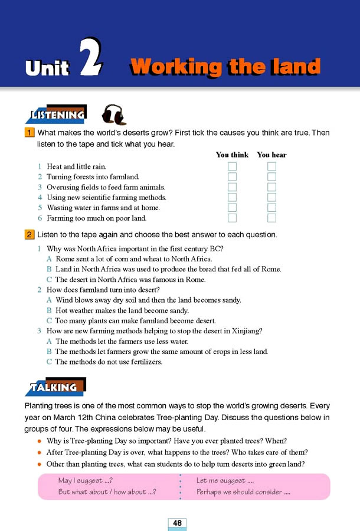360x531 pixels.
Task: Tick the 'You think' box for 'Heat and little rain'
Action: (232, 166)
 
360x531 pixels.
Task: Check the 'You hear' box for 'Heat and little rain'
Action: (271, 166)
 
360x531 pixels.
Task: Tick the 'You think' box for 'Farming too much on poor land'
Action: (232, 218)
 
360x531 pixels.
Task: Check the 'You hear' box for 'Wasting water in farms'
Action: (271, 208)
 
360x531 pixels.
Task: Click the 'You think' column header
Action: (232, 155)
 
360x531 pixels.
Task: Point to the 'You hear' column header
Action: (271, 155)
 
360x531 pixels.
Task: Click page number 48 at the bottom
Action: (177, 523)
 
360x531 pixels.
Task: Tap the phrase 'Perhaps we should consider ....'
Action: (243, 492)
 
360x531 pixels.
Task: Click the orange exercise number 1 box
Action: (30, 133)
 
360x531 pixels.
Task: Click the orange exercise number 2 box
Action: (30, 234)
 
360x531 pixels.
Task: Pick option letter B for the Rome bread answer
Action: (50, 269)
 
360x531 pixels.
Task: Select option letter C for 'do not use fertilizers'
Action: (50, 362)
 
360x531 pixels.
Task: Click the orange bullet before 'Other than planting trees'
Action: (39, 464)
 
